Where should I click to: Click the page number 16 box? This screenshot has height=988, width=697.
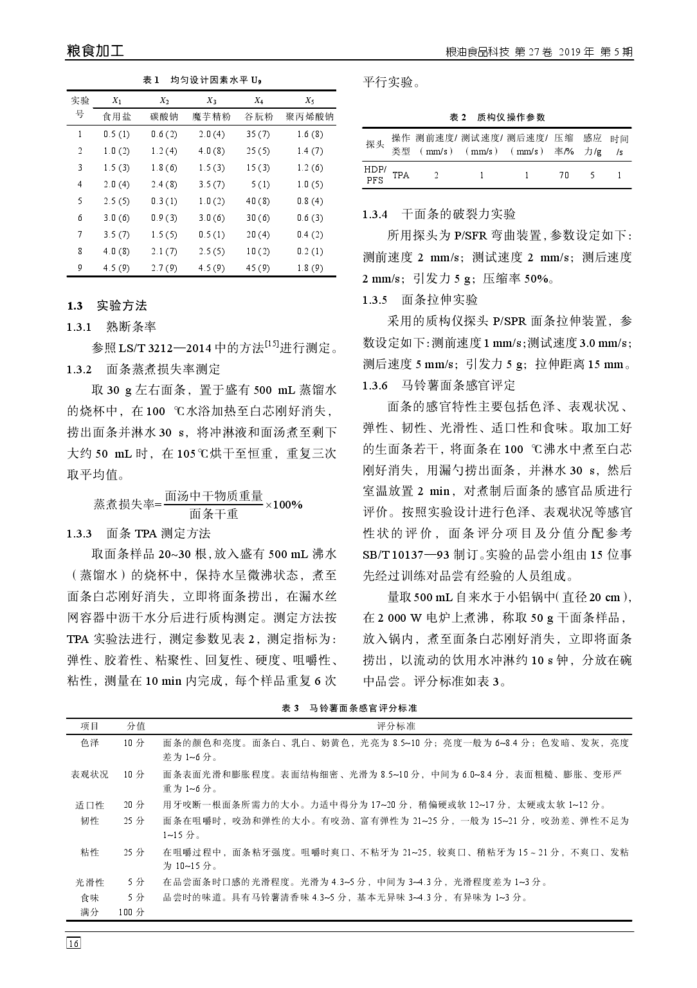(x=73, y=944)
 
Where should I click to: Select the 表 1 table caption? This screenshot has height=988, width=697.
(x=201, y=80)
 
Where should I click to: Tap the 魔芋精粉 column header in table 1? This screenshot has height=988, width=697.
(x=212, y=117)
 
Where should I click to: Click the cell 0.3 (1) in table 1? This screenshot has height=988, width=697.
(x=164, y=201)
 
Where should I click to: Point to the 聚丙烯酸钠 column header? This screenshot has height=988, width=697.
(x=309, y=117)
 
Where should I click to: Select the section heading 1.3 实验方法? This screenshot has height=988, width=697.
(x=107, y=305)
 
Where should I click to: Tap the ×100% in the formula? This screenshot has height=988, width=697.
(x=284, y=504)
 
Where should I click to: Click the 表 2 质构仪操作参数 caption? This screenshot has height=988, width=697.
(x=497, y=117)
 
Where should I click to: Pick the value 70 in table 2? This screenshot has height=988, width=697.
(x=564, y=175)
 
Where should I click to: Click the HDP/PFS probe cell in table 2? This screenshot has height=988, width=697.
(x=375, y=175)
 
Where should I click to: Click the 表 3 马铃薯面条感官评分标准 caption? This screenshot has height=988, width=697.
(x=349, y=708)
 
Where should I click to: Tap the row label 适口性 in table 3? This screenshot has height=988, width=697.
(x=89, y=805)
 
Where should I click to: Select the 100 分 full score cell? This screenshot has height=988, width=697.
(x=131, y=912)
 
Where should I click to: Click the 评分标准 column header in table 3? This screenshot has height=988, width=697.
(x=396, y=726)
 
